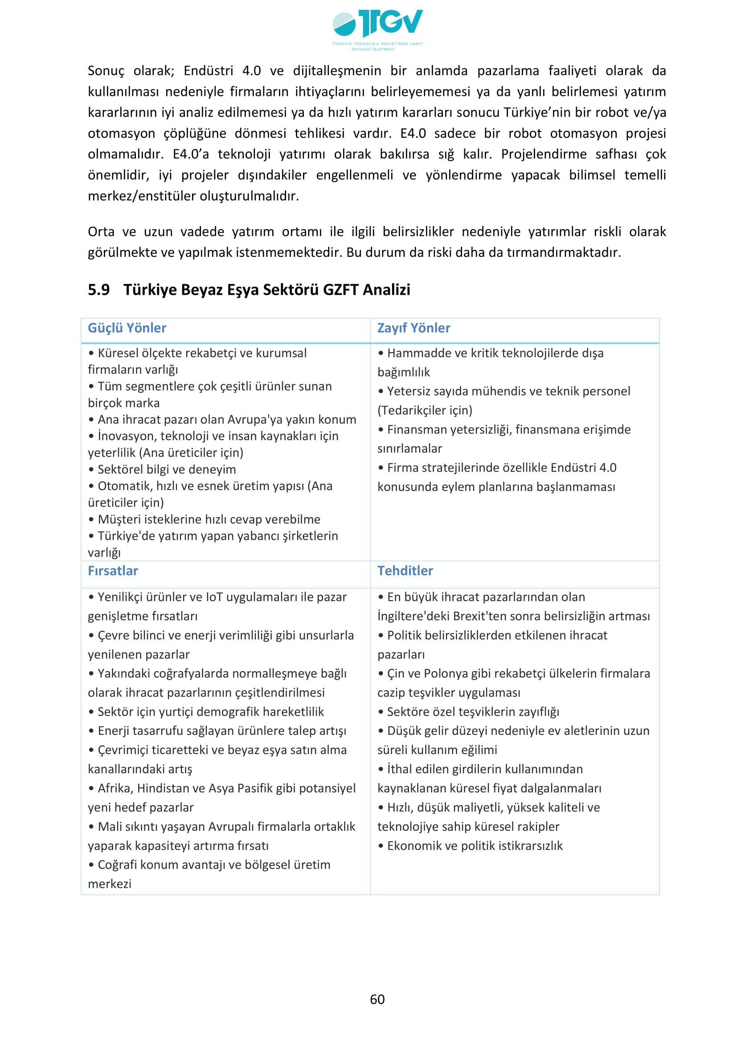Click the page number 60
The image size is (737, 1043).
tap(377, 999)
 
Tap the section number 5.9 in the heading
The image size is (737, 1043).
tap(98, 289)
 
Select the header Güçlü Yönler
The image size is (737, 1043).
tap(127, 328)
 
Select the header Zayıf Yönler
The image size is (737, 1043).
tap(414, 328)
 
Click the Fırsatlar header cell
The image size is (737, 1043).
tap(113, 571)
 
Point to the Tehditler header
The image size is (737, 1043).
tap(405, 571)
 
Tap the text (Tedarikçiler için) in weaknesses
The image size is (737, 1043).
tap(425, 410)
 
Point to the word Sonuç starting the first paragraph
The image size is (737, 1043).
tap(106, 71)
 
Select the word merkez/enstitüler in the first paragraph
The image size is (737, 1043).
tap(141, 196)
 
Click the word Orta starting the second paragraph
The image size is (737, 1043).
tap(101, 232)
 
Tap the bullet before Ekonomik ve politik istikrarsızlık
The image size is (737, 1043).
tap(381, 845)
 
